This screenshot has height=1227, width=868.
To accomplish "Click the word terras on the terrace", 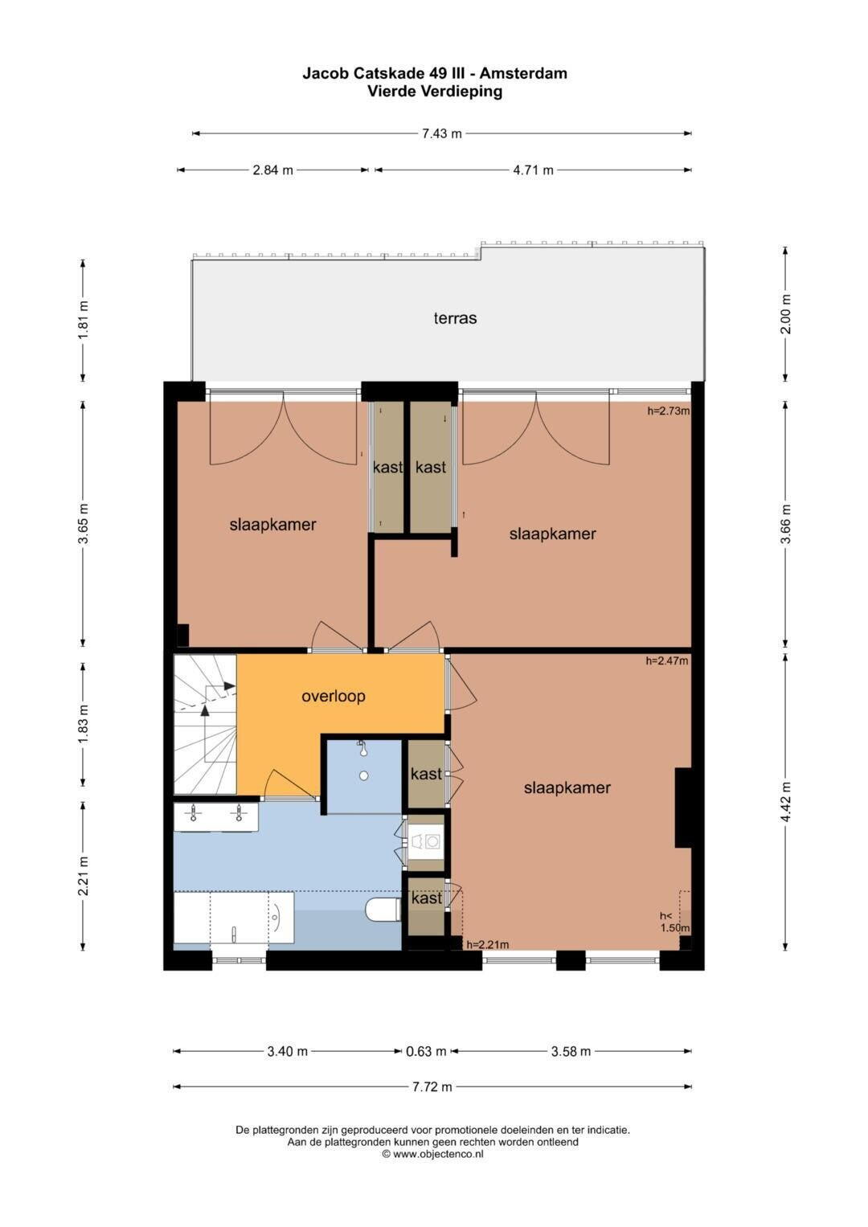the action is coord(455,318).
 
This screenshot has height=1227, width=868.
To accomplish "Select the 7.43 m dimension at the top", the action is coord(442,133).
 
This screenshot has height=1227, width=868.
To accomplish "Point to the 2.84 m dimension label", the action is coord(272,170).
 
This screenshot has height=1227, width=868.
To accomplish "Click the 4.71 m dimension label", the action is coord(533,170).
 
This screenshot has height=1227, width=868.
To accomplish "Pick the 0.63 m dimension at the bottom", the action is coord(426,1051).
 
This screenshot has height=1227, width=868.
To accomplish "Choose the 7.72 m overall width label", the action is coord(432,1086).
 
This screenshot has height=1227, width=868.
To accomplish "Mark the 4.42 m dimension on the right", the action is coord(786,801).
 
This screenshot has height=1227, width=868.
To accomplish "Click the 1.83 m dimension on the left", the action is coord(84,724).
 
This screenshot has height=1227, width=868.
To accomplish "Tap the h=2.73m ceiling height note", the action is coord(668,411).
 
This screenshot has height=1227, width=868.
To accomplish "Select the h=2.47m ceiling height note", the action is coord(666,661).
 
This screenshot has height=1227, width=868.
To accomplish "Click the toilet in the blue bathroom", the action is coord(383,910).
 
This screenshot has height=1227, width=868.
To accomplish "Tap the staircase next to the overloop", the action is coord(205,724).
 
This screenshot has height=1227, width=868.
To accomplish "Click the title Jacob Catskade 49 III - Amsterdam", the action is coord(435,73).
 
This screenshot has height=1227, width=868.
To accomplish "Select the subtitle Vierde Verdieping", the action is coord(435,92).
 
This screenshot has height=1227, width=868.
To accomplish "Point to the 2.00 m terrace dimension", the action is coord(786,314).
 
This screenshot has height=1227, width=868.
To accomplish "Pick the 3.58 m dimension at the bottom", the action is coord(571,1051).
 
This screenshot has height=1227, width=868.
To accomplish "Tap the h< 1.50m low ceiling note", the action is coord(674,922).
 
